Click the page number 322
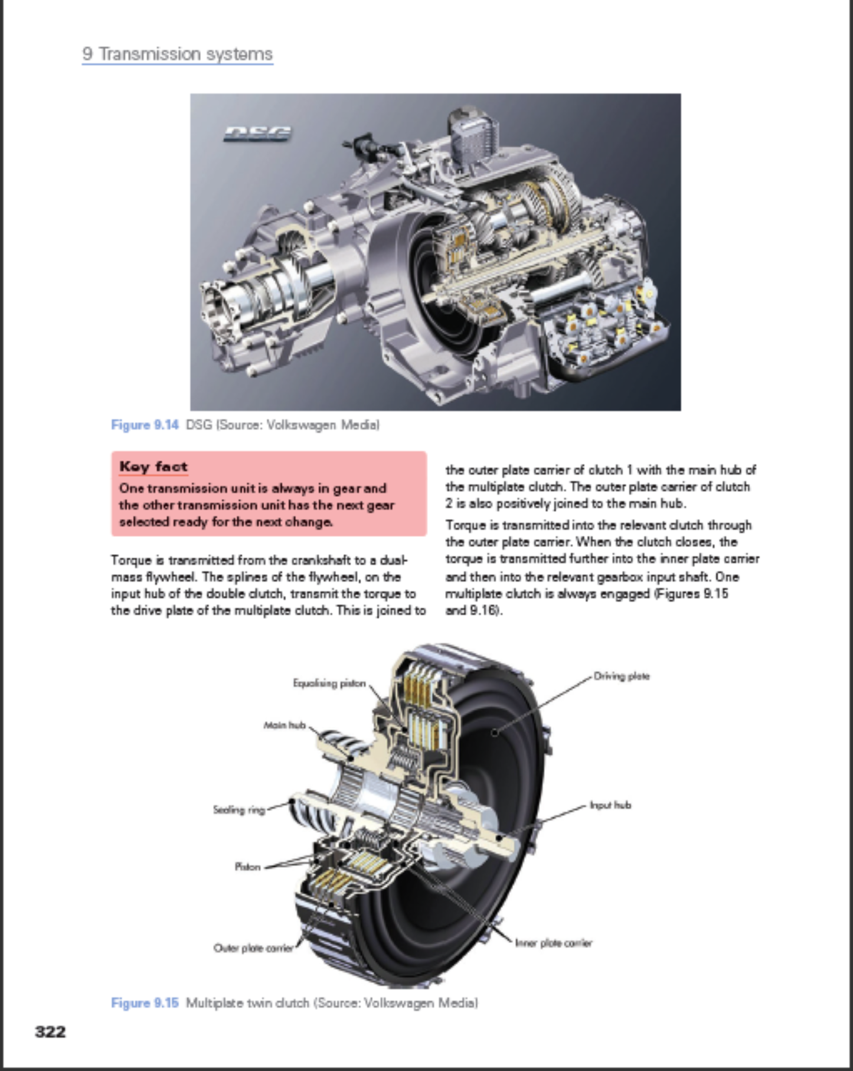point(50,1032)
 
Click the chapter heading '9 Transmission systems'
point(177,54)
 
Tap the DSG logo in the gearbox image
point(257,134)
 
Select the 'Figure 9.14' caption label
point(145,425)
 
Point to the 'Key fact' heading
point(153,467)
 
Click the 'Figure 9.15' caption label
point(145,1002)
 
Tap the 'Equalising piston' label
point(329,683)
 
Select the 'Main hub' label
point(284,725)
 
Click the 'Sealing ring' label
point(238,810)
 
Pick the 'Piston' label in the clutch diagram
point(247,867)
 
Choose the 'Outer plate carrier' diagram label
point(253,948)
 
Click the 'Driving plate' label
point(621,676)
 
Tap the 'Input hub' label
point(610,805)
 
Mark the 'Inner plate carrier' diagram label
point(553,943)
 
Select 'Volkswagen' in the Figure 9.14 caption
point(302,425)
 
